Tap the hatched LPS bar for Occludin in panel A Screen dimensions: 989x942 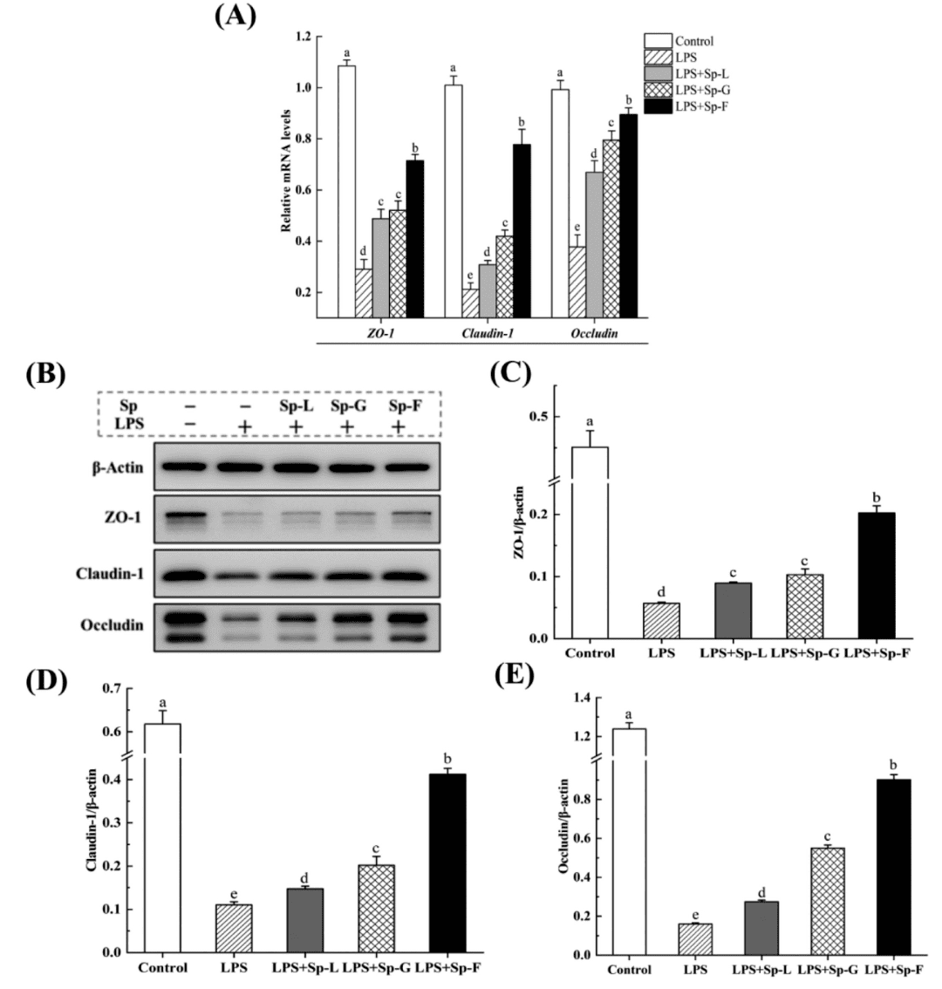point(577,282)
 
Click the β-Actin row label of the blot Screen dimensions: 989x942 point(119,467)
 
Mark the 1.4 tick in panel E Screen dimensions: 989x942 point(601,699)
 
